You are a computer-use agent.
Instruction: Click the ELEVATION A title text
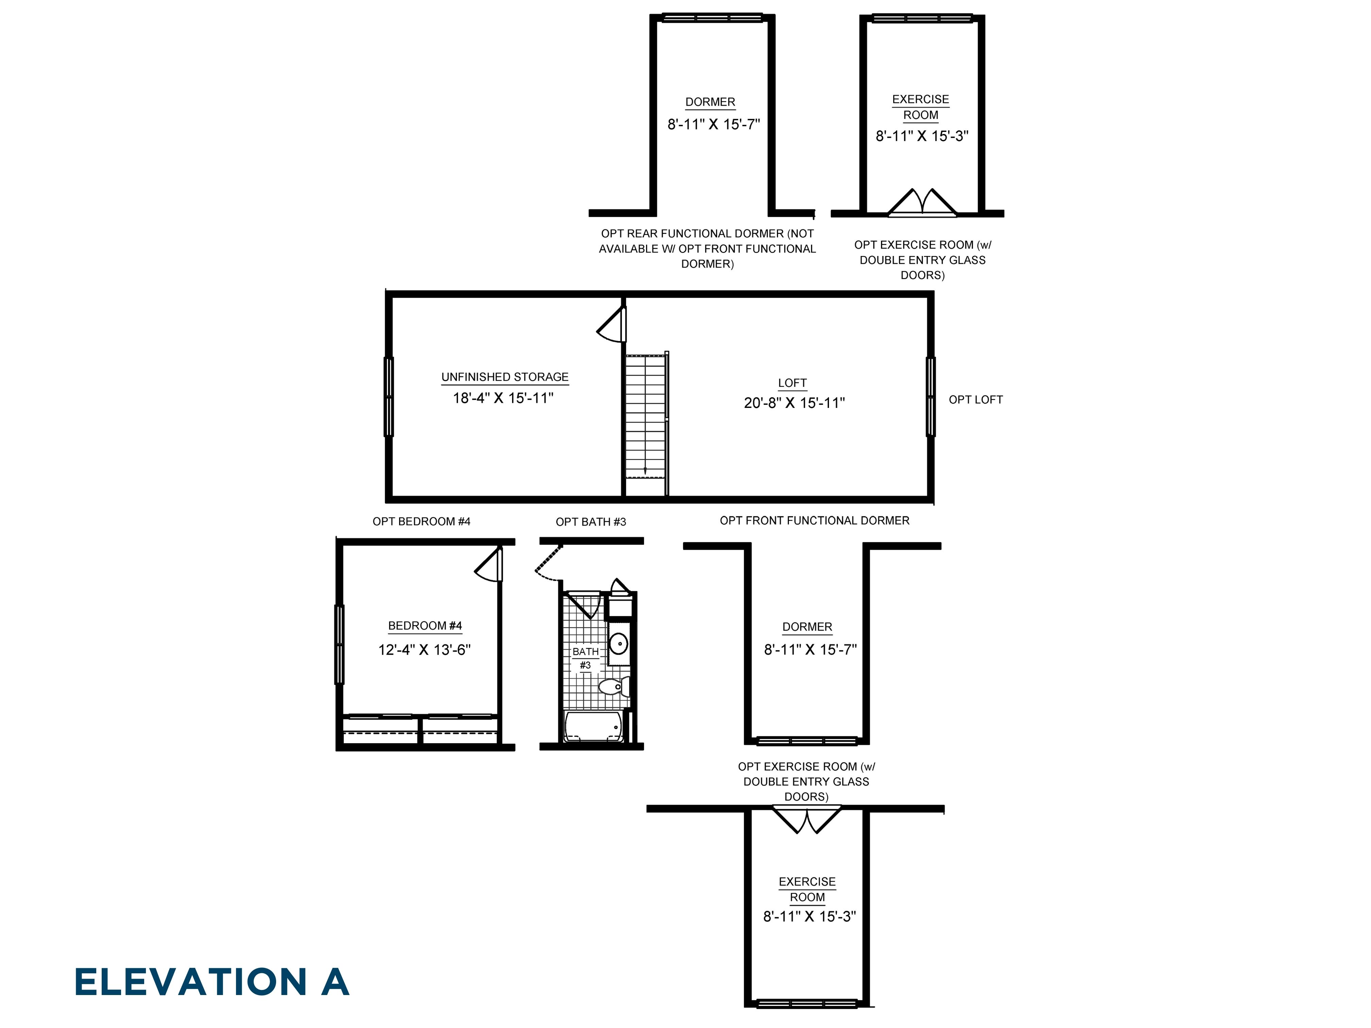211,982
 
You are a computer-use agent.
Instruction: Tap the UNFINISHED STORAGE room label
505,377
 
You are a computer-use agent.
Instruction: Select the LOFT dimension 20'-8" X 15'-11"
794,403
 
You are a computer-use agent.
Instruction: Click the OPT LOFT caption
975,400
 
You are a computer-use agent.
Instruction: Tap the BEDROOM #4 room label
425,626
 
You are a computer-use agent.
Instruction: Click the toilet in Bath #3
612,687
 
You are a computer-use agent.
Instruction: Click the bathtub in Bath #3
593,726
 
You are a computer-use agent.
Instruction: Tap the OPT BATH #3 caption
591,522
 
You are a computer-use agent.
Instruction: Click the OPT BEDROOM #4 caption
421,521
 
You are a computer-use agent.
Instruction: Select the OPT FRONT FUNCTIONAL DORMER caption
814,520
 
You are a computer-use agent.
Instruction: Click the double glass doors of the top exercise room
922,203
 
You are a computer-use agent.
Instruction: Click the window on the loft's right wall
930,397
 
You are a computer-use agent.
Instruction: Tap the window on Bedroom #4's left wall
339,645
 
